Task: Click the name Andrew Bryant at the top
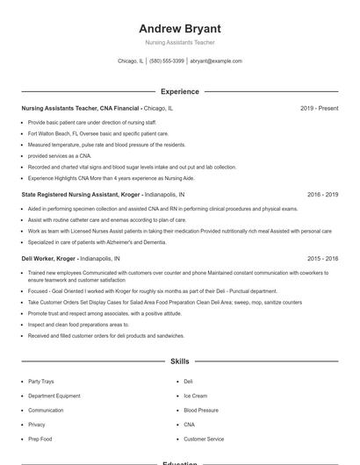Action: point(180,28)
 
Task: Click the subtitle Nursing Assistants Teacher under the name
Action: point(180,42)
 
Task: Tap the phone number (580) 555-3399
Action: point(167,61)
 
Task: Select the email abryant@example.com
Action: point(216,61)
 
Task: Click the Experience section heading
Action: point(180,91)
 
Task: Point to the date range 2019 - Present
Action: point(319,108)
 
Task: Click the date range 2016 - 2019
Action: point(322,194)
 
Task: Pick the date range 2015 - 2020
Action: point(322,259)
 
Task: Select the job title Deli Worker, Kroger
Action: point(48,259)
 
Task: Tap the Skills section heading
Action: point(180,361)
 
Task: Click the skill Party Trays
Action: point(40,382)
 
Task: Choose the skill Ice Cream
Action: point(195,396)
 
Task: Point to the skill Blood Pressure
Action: point(201,410)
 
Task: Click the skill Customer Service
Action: point(204,439)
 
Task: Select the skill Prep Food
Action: point(40,439)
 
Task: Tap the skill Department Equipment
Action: point(54,396)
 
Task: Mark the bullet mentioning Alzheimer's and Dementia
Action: point(97,241)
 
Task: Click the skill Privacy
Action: point(37,424)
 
